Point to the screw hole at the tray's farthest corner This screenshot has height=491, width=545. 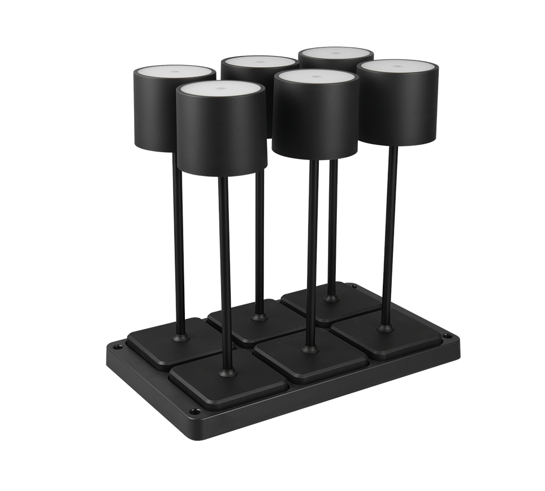[354, 288]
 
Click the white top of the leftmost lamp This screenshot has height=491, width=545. [174, 72]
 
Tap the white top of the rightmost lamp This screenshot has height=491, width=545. [399, 66]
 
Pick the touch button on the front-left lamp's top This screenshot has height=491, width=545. [220, 88]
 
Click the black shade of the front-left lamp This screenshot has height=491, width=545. [221, 136]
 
